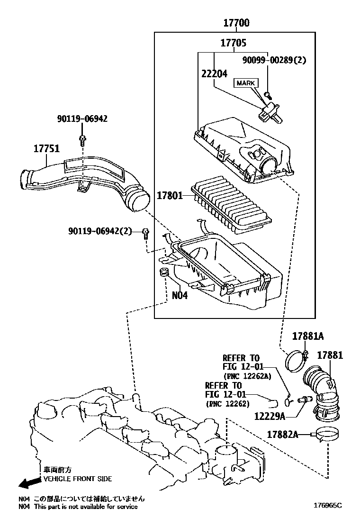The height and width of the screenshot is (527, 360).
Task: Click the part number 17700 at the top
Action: (236, 23)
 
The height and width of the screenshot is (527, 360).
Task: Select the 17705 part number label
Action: (233, 43)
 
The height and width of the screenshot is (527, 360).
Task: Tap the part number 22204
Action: (214, 73)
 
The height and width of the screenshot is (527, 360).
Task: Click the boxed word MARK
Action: (245, 83)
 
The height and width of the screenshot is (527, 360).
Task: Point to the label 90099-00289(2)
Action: (274, 60)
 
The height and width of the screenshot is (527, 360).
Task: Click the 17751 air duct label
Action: (46, 148)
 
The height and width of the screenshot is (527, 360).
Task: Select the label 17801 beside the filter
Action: (170, 195)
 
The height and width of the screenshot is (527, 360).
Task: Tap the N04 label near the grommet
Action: (180, 295)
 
